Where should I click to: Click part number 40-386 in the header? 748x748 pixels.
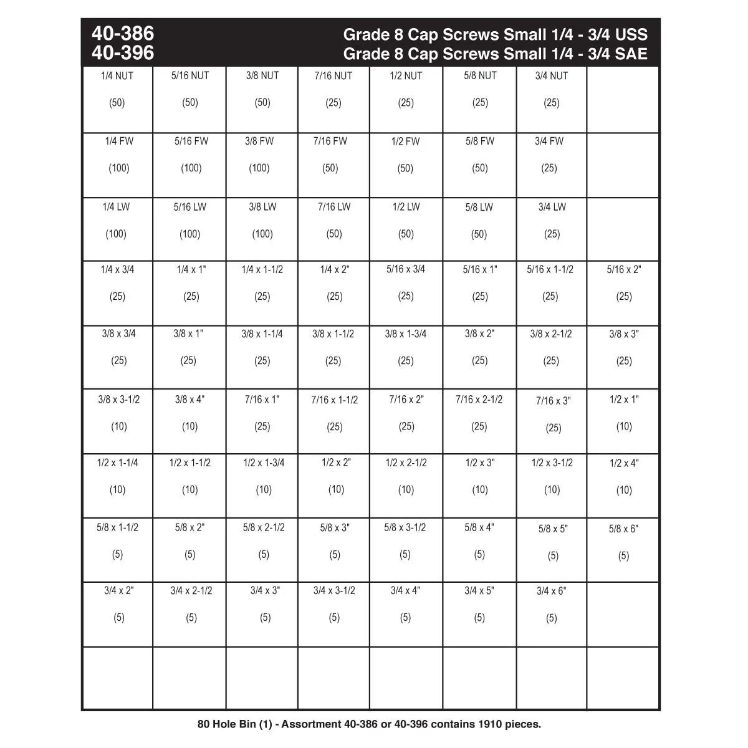(x=123, y=33)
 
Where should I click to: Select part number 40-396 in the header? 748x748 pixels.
(x=123, y=53)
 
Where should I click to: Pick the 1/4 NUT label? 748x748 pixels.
(x=117, y=76)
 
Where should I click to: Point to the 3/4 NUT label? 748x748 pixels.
(x=552, y=76)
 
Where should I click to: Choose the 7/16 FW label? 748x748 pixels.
(x=330, y=141)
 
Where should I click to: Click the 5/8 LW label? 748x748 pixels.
(x=479, y=208)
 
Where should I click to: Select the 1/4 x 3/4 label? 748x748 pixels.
(x=117, y=270)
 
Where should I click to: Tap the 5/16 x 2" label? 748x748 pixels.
(x=624, y=270)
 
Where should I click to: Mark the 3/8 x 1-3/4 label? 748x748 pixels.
(x=406, y=334)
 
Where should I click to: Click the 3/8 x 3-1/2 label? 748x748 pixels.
(x=118, y=400)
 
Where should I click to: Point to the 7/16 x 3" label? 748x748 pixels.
(x=553, y=401)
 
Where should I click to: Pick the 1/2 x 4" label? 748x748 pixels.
(x=624, y=463)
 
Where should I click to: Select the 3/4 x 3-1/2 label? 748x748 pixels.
(x=334, y=590)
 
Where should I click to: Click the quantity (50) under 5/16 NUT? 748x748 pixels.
(x=190, y=103)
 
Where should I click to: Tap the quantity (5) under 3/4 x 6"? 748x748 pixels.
(x=552, y=618)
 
